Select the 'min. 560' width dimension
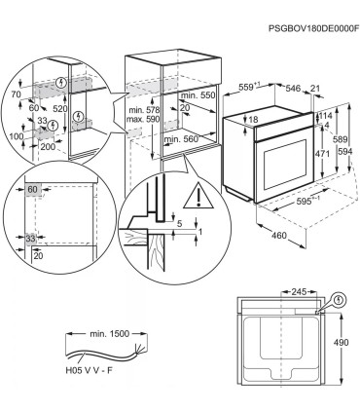(x=193, y=138)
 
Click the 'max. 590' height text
(x=147, y=123)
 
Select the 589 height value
(x=340, y=140)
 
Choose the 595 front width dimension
(x=307, y=201)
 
